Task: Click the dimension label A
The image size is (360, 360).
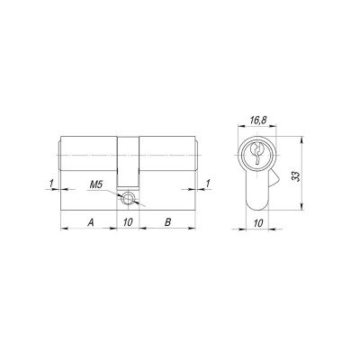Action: coord(91,222)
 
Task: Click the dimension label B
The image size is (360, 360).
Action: coord(168,222)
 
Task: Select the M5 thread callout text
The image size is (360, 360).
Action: coord(96,184)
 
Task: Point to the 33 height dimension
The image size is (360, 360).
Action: coord(296,175)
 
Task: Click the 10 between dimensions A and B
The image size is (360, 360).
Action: coord(128,222)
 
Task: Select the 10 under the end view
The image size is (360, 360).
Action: coord(258,223)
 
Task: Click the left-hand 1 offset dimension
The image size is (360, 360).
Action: coord(51,183)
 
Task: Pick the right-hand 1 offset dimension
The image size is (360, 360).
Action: coord(207,183)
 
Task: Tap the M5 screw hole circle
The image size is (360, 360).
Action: coord(128,198)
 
